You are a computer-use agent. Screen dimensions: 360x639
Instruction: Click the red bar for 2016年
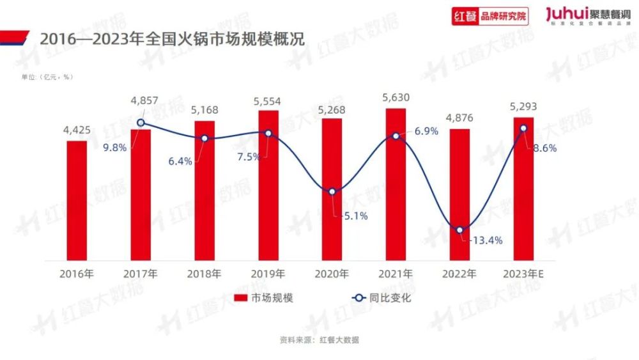tap(77, 201)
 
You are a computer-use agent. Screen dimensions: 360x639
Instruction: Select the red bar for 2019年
tap(268, 185)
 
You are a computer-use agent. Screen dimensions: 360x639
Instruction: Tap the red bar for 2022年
tap(459, 195)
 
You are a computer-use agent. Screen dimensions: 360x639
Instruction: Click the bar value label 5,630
tap(396, 98)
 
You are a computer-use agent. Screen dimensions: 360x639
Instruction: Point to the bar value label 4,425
tap(77, 130)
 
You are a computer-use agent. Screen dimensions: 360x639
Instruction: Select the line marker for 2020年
tap(332, 192)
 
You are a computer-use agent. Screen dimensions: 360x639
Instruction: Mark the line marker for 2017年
tap(141, 123)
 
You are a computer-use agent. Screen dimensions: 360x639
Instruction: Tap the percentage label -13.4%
tap(485, 240)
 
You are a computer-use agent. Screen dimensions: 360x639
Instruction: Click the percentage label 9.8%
tap(116, 146)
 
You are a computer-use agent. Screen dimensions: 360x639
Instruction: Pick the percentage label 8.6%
tap(544, 148)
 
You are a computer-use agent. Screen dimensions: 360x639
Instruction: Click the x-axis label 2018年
tap(204, 274)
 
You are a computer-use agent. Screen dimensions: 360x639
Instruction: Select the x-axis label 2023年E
tap(523, 274)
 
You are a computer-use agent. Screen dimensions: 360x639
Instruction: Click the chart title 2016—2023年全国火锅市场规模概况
tap(173, 38)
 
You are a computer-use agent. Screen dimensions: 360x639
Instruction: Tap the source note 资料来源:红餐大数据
tap(319, 340)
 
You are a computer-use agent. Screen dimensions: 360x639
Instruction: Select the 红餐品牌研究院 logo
tap(490, 17)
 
